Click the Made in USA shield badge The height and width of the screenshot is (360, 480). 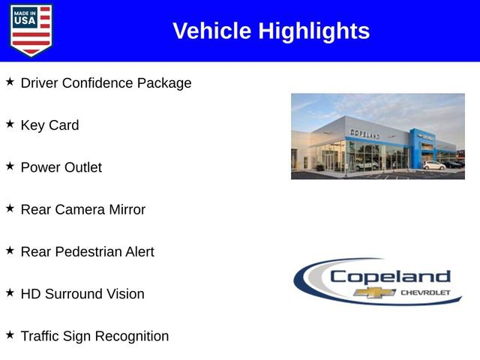(x=31, y=30)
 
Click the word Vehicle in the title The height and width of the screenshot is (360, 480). (x=212, y=31)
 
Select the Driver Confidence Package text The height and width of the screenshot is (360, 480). (x=106, y=83)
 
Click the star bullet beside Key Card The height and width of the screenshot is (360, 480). (x=10, y=124)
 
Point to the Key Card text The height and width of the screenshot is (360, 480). (x=49, y=125)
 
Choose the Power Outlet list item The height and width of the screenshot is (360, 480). (x=61, y=167)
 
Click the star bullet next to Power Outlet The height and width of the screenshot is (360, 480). (x=10, y=166)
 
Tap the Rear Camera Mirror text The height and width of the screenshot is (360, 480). (x=82, y=210)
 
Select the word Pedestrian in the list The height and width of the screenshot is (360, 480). (x=93, y=252)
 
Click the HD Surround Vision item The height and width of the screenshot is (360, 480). (x=82, y=294)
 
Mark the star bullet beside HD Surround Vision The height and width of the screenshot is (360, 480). (x=10, y=292)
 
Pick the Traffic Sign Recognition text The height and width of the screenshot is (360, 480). (x=94, y=336)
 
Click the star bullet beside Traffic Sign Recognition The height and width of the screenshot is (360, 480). (x=10, y=334)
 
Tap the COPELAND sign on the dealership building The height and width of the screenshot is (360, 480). (x=365, y=133)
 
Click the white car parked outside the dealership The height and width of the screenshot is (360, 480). (x=433, y=165)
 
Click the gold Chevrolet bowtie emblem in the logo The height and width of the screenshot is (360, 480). (x=375, y=292)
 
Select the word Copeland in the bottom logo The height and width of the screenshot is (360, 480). (x=390, y=276)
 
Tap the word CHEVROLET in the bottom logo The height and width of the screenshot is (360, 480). (x=426, y=292)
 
